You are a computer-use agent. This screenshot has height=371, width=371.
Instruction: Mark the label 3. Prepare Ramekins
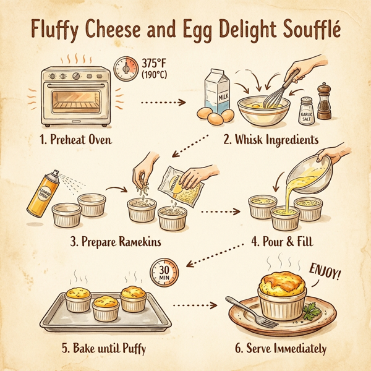[116, 241]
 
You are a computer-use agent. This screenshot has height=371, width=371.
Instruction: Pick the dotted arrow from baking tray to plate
[197, 305]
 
